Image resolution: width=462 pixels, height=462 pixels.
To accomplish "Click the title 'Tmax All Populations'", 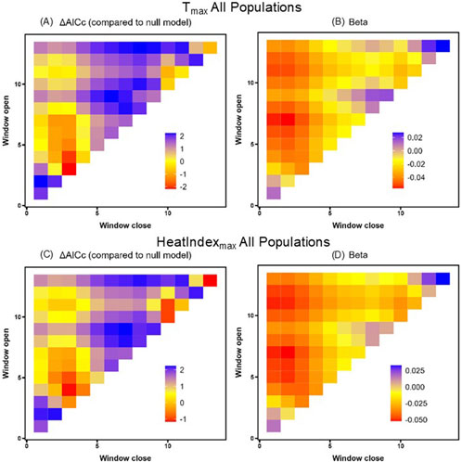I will [x=231, y=9].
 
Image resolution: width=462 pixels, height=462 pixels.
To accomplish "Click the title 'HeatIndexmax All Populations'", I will [x=231, y=244].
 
